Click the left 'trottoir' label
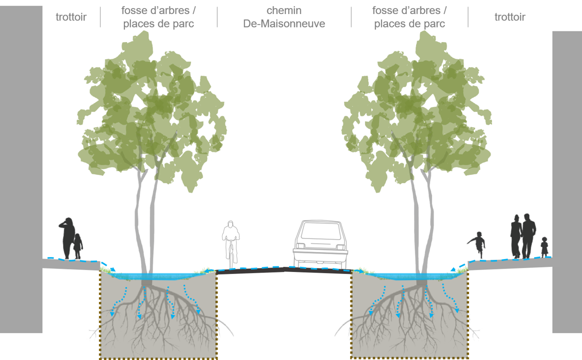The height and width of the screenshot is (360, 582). [71, 17]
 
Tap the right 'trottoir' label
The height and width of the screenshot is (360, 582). [509, 17]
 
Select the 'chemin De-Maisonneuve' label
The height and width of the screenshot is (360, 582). [284, 17]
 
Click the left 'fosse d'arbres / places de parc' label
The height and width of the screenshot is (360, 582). [158, 17]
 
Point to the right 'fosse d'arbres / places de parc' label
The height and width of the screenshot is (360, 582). [409, 17]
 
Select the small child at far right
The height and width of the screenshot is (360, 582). [544, 247]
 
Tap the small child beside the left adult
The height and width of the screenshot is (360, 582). [78, 246]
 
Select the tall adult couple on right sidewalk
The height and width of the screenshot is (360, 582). [522, 236]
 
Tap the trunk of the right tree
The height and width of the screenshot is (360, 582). [422, 225]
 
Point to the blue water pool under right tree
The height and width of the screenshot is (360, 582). [410, 275]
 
